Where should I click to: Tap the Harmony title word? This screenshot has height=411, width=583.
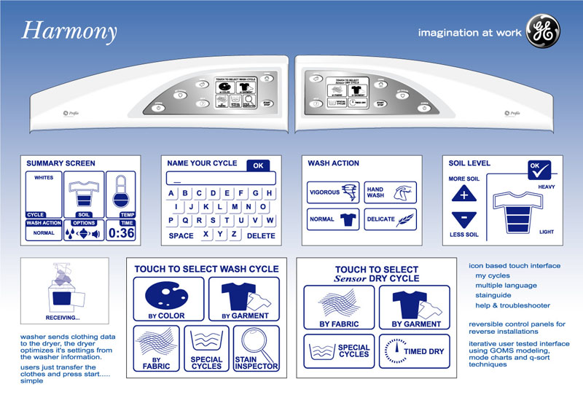pyautogui.click(x=69, y=31)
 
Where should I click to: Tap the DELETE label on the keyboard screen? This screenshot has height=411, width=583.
pyautogui.click(x=261, y=236)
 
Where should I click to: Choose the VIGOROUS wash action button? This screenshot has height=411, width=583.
pyautogui.click(x=333, y=192)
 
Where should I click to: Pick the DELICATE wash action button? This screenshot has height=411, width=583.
pyautogui.click(x=391, y=219)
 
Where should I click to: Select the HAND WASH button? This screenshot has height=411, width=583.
pyautogui.click(x=391, y=192)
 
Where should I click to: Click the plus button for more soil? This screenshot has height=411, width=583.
pyautogui.click(x=463, y=194)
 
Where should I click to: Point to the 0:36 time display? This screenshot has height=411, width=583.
pyautogui.click(x=121, y=233)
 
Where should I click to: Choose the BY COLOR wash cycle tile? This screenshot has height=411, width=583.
pyautogui.click(x=165, y=300)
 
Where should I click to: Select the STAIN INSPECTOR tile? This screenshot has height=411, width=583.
pyautogui.click(x=256, y=351)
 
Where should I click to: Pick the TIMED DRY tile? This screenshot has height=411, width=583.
pyautogui.click(x=412, y=351)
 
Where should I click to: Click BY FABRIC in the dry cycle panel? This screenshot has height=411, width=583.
pyautogui.click(x=339, y=307)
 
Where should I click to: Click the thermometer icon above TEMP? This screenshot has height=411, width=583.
pyautogui.click(x=120, y=193)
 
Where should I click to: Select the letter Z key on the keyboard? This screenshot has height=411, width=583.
pyautogui.click(x=233, y=234)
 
